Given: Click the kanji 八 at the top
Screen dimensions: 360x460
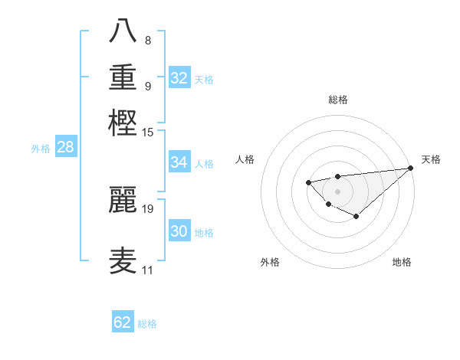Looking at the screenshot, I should point(123,31).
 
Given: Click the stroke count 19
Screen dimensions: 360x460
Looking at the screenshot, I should point(149,208).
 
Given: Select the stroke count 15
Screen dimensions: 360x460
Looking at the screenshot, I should point(148,132).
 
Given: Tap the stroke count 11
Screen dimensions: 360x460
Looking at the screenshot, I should point(148,270).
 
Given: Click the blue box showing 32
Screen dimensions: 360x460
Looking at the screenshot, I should point(179,77).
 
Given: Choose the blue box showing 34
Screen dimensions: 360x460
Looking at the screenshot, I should point(179,162).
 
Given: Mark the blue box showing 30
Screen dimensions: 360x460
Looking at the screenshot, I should point(179,232).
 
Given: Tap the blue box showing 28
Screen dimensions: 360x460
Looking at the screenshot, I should point(65,148).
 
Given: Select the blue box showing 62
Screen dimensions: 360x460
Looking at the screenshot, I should point(123,322).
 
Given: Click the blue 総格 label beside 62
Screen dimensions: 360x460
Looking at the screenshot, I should point(148,324).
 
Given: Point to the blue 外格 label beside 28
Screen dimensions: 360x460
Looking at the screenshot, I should point(41,149).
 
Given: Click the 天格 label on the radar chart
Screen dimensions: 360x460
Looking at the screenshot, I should point(432,159).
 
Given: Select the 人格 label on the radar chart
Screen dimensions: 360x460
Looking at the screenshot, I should point(245,159).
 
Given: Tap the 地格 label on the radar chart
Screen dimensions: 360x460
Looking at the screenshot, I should point(402,262).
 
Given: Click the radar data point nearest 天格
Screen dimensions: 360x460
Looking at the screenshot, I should point(410,169).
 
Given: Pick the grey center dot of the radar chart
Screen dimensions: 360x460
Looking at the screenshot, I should point(337,191).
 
